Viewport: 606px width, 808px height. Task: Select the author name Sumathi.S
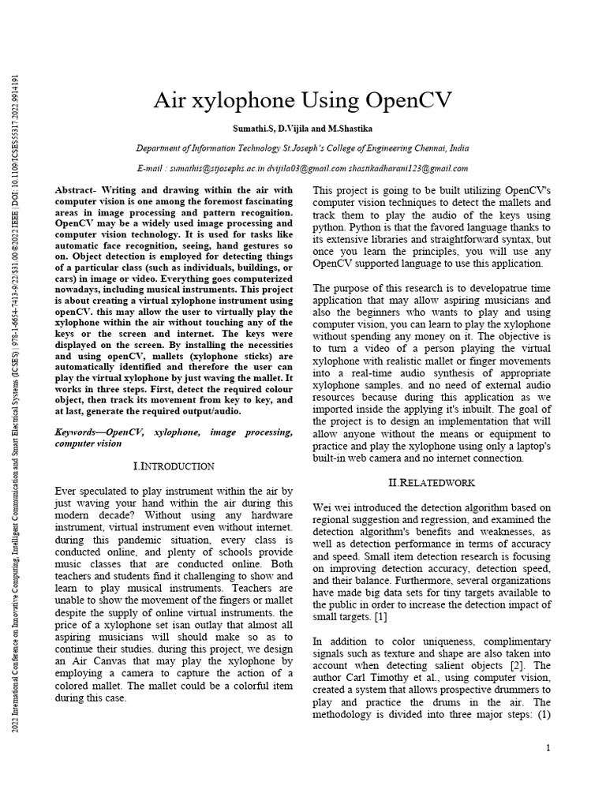pos(251,129)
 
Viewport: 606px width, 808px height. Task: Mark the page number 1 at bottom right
pos(548,747)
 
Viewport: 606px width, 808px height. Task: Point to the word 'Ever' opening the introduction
pos(69,491)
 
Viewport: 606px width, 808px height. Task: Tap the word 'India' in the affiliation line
pos(458,148)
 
